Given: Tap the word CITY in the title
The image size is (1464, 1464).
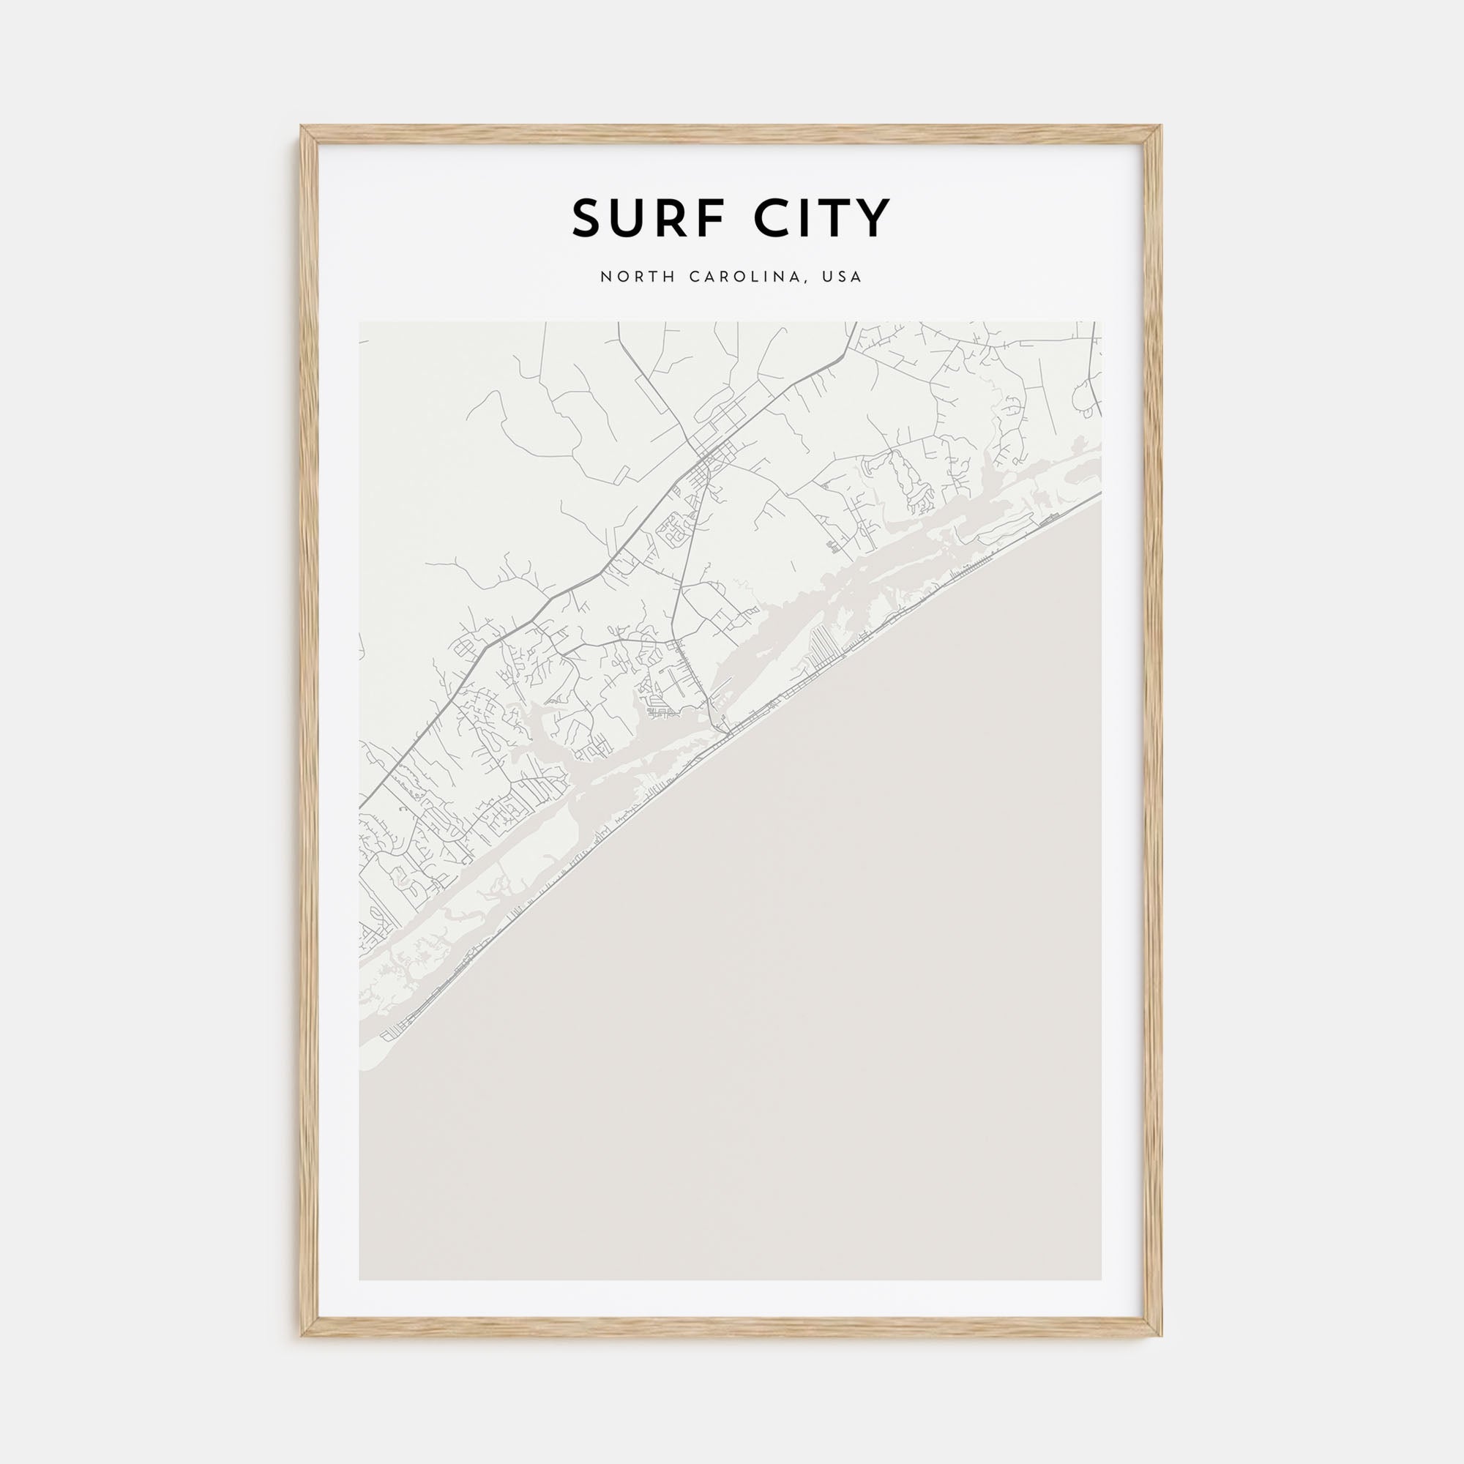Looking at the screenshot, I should (x=822, y=218).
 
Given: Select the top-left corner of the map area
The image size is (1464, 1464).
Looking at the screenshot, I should (x=359, y=322).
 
